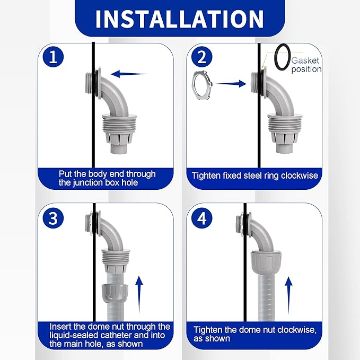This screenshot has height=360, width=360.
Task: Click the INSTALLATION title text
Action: pyautogui.click(x=180, y=19)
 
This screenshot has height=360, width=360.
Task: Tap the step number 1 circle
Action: pyautogui.click(x=53, y=57)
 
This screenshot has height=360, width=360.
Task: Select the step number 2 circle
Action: pyautogui.click(x=202, y=57)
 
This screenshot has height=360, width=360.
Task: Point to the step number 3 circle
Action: pyautogui.click(x=53, y=218)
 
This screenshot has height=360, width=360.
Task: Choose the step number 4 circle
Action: pyautogui.click(x=202, y=218)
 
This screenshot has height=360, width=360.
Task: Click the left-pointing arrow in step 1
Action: pyautogui.click(x=129, y=74)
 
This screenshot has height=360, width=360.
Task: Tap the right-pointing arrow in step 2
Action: pyautogui.click(x=231, y=84)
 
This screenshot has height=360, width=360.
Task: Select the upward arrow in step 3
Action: pyautogui.click(x=139, y=295)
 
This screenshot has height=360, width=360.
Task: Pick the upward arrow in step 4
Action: pyautogui.click(x=288, y=295)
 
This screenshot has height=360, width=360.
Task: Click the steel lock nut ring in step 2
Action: pyautogui.click(x=194, y=85)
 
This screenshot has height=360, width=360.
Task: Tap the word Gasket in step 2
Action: pyautogui.click(x=305, y=60)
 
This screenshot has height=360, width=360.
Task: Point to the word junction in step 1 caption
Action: pyautogui.click(x=88, y=183)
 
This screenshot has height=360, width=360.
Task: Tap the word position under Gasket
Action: pyautogui.click(x=306, y=69)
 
